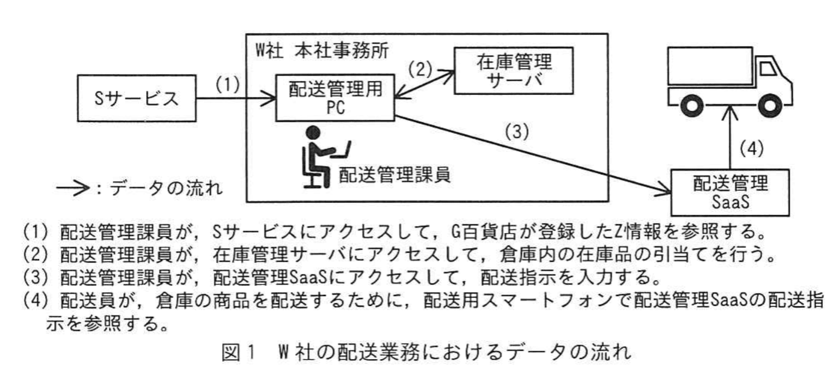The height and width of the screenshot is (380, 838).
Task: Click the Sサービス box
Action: pos(136,98)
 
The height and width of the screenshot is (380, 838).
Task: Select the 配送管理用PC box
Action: pos(335,98)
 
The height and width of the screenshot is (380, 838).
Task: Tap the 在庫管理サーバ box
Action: pos(514,71)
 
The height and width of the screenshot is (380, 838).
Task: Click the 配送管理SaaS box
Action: pos(730,192)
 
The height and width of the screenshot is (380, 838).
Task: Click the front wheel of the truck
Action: pos(769,106)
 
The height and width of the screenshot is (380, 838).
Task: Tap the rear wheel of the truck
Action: pos(691,106)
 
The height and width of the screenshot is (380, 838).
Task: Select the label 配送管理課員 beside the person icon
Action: pos(394,175)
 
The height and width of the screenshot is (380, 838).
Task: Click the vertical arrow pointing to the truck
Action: pos(729,136)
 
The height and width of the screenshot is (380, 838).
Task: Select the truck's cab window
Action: pos(767,68)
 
